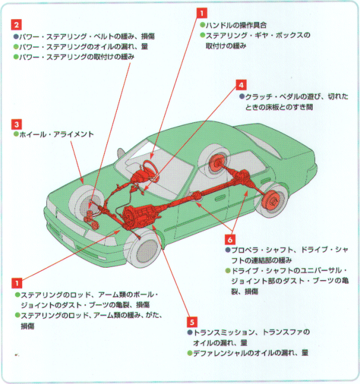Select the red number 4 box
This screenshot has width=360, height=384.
coord(241,85)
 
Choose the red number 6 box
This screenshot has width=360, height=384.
coord(231,238)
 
